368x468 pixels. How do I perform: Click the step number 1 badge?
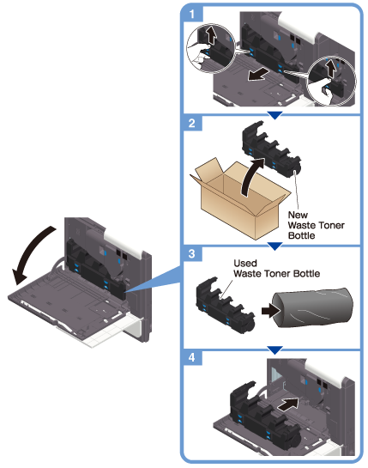point(192,14)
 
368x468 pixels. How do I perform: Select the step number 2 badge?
point(192,123)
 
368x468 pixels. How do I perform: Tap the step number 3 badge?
point(192,253)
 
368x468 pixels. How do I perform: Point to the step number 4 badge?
point(192,357)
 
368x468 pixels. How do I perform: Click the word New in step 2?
point(298,215)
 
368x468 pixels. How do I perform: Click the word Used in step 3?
point(245,264)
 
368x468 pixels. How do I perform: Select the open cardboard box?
point(240,198)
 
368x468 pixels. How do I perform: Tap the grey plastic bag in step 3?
point(312,307)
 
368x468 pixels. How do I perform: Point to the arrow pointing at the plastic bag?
point(271,311)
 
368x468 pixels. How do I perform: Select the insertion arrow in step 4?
point(288,404)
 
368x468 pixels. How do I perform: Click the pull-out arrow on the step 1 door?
point(259,74)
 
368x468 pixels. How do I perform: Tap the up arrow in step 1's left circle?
point(211,35)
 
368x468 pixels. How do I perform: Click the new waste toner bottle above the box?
point(271,149)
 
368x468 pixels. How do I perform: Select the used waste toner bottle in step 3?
point(225,305)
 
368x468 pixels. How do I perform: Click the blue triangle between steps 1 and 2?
point(274,115)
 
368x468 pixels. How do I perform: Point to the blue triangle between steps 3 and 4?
point(274,349)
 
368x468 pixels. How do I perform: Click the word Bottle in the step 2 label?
point(301,235)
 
